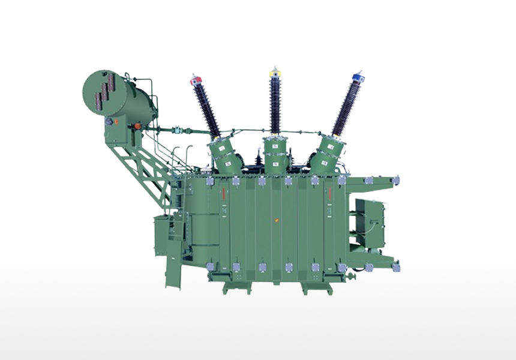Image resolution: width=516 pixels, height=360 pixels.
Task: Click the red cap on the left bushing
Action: pyautogui.click(x=195, y=80)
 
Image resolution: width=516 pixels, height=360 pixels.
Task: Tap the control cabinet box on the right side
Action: pyautogui.click(x=369, y=221)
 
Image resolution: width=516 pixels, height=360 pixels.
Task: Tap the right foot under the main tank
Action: pyautogui.click(x=312, y=287)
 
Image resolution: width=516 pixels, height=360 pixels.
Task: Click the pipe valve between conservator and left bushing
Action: pyautogui.click(x=178, y=129)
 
